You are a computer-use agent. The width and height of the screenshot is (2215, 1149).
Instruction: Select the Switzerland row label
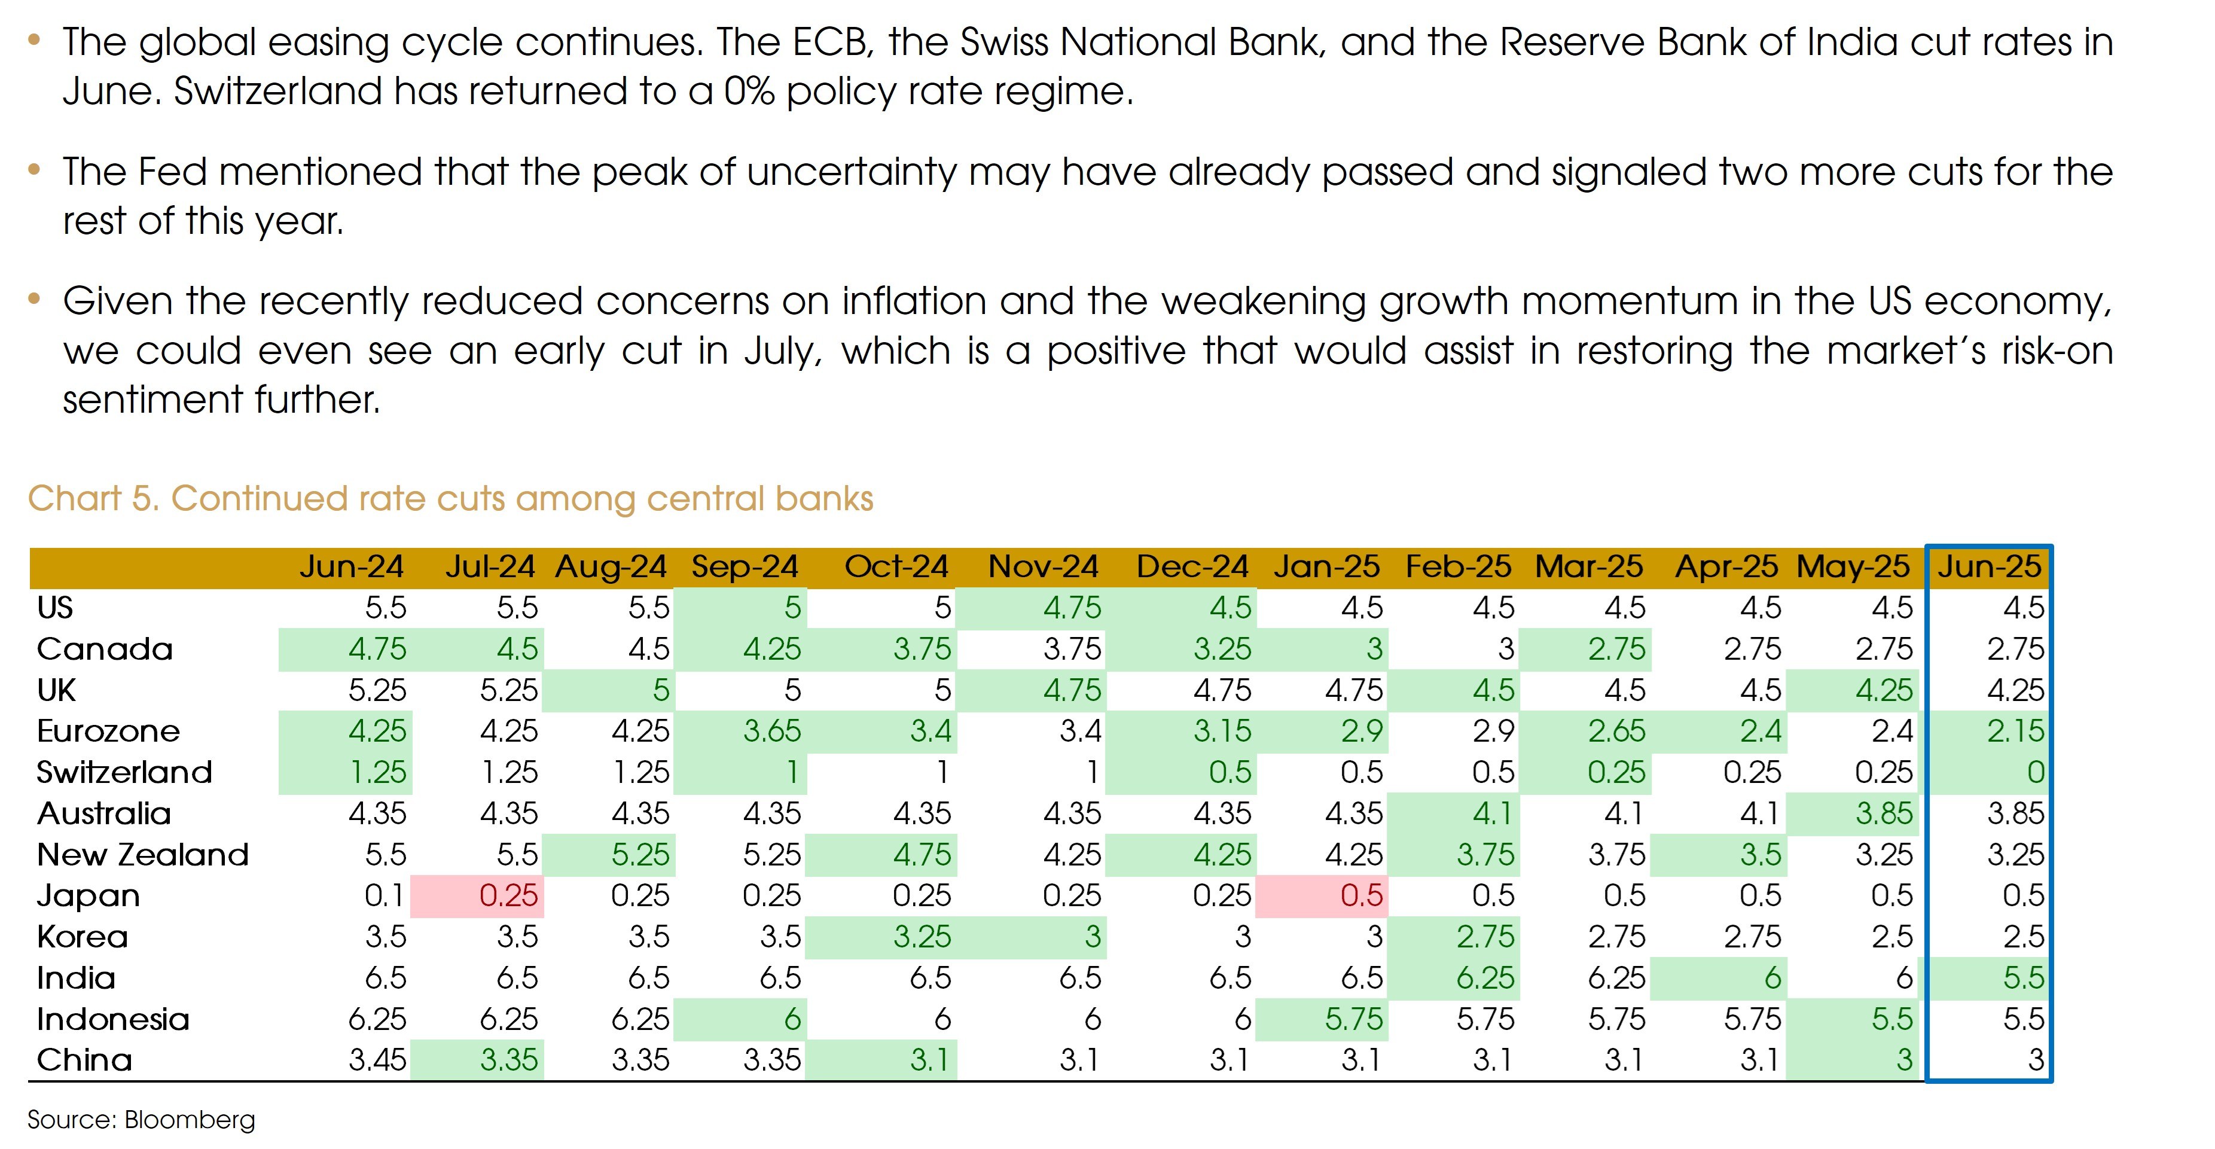pos(124,772)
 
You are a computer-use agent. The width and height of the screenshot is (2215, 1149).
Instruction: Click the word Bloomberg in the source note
pos(190,1120)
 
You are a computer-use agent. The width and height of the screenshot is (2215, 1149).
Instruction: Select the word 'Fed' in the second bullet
pos(172,172)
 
